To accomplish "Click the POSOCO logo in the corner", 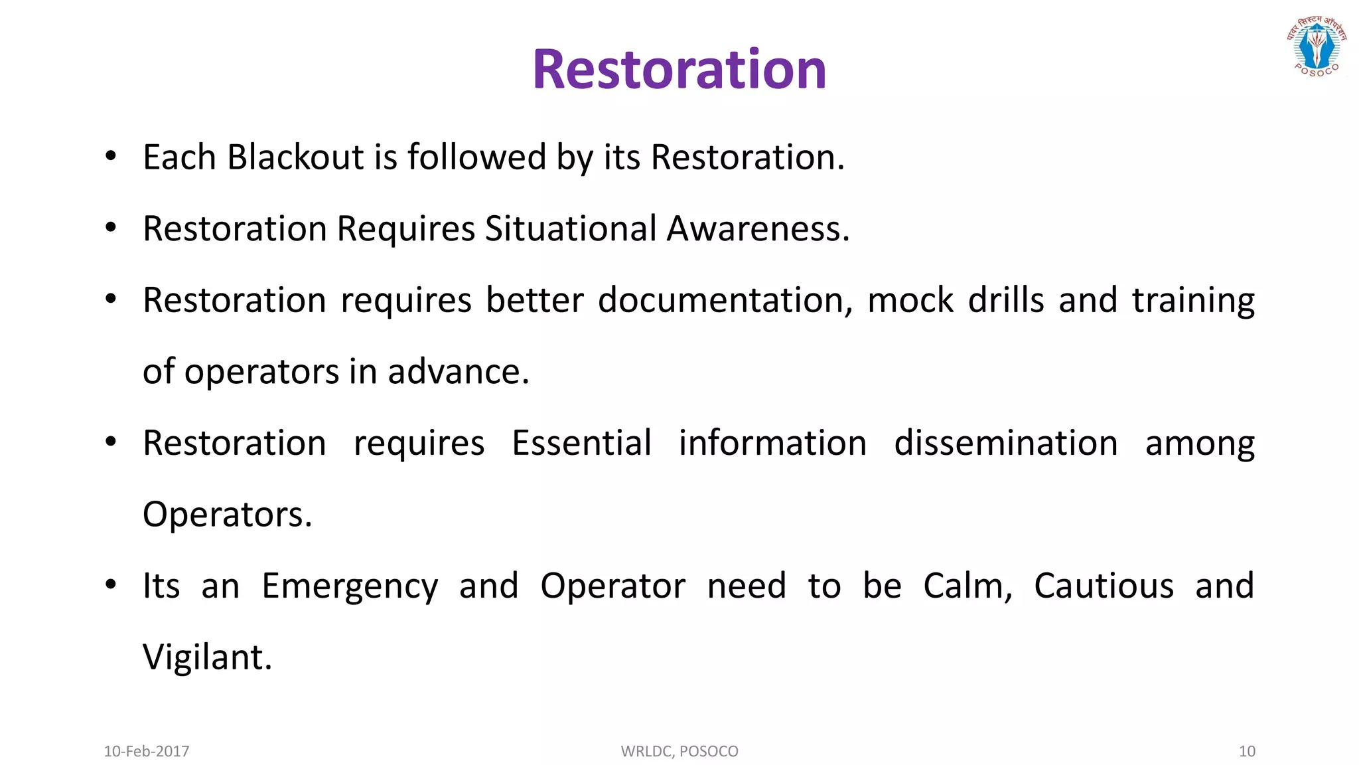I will point(1317,46).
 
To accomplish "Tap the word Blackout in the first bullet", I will point(295,157).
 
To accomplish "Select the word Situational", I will point(571,228).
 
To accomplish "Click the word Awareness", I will point(757,228).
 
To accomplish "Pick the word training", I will point(1192,301).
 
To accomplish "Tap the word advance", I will point(458,372).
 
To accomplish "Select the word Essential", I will point(581,443).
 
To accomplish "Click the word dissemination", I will point(1005,443).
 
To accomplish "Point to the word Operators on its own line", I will point(227,515).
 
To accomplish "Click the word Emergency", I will point(350,587).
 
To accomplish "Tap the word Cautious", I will point(1104,586).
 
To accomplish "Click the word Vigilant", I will point(207,657).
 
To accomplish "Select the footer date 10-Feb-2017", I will point(147,751).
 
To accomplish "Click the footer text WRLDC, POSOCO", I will point(679,751).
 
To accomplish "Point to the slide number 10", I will point(1246,751).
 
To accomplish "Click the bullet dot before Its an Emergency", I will point(111,584).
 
